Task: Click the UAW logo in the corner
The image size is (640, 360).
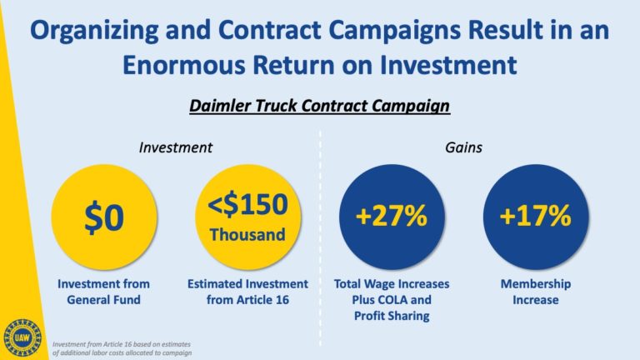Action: [22, 338]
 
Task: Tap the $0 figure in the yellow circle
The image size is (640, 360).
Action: [104, 218]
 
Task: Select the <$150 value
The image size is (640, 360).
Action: [247, 204]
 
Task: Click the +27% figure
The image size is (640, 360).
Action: [392, 216]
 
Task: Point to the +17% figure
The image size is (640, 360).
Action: [536, 216]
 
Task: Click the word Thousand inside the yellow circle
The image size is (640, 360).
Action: [247, 235]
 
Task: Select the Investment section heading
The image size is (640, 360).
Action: [176, 147]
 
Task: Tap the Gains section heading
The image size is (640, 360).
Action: [463, 147]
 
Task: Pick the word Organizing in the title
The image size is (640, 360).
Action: [94, 31]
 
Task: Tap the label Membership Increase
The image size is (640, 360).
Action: [536, 292]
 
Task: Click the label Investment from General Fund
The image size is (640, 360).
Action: [103, 292]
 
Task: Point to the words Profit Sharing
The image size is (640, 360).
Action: [392, 316]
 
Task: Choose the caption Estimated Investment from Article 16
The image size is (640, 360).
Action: [247, 292]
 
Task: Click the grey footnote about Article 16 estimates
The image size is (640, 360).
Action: [122, 348]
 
